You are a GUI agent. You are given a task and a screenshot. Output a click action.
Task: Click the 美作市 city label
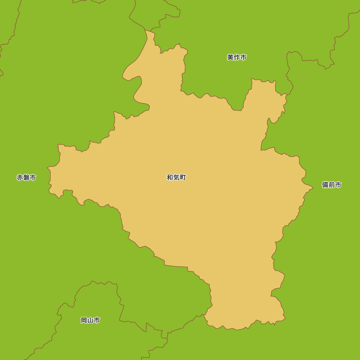(x=237, y=57)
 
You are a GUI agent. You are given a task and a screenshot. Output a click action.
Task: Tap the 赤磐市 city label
(x=26, y=177)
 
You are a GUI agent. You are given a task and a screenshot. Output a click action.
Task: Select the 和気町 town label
(x=176, y=177)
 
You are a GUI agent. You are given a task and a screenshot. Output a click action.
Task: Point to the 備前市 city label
(x=332, y=185)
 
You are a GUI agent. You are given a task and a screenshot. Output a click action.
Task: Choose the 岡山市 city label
(x=90, y=320)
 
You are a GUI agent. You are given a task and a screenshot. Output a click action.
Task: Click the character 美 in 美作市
(x=230, y=57)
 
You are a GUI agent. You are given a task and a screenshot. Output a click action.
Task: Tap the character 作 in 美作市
(x=237, y=57)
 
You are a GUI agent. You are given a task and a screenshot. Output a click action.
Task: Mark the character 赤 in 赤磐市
(x=20, y=177)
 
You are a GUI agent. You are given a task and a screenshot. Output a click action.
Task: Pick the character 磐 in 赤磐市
(x=26, y=177)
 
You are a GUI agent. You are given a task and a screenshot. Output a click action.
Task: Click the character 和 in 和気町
(x=170, y=177)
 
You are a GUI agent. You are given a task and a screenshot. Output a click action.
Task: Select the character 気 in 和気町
(x=176, y=177)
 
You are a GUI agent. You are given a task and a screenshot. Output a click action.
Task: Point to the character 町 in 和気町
(x=183, y=177)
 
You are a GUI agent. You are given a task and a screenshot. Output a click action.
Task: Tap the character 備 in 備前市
(x=325, y=185)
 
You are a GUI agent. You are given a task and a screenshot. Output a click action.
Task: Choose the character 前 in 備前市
(x=332, y=185)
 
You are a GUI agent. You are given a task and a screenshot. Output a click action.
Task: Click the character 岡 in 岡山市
(x=84, y=320)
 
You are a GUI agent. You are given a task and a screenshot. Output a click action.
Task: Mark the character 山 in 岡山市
(x=90, y=320)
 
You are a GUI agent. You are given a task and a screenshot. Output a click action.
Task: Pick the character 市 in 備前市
(x=338, y=185)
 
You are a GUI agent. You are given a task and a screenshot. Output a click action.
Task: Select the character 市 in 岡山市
(x=97, y=320)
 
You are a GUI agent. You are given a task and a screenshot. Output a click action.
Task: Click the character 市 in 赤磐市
(x=33, y=177)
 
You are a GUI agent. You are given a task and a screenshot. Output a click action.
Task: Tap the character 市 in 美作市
(x=243, y=57)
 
